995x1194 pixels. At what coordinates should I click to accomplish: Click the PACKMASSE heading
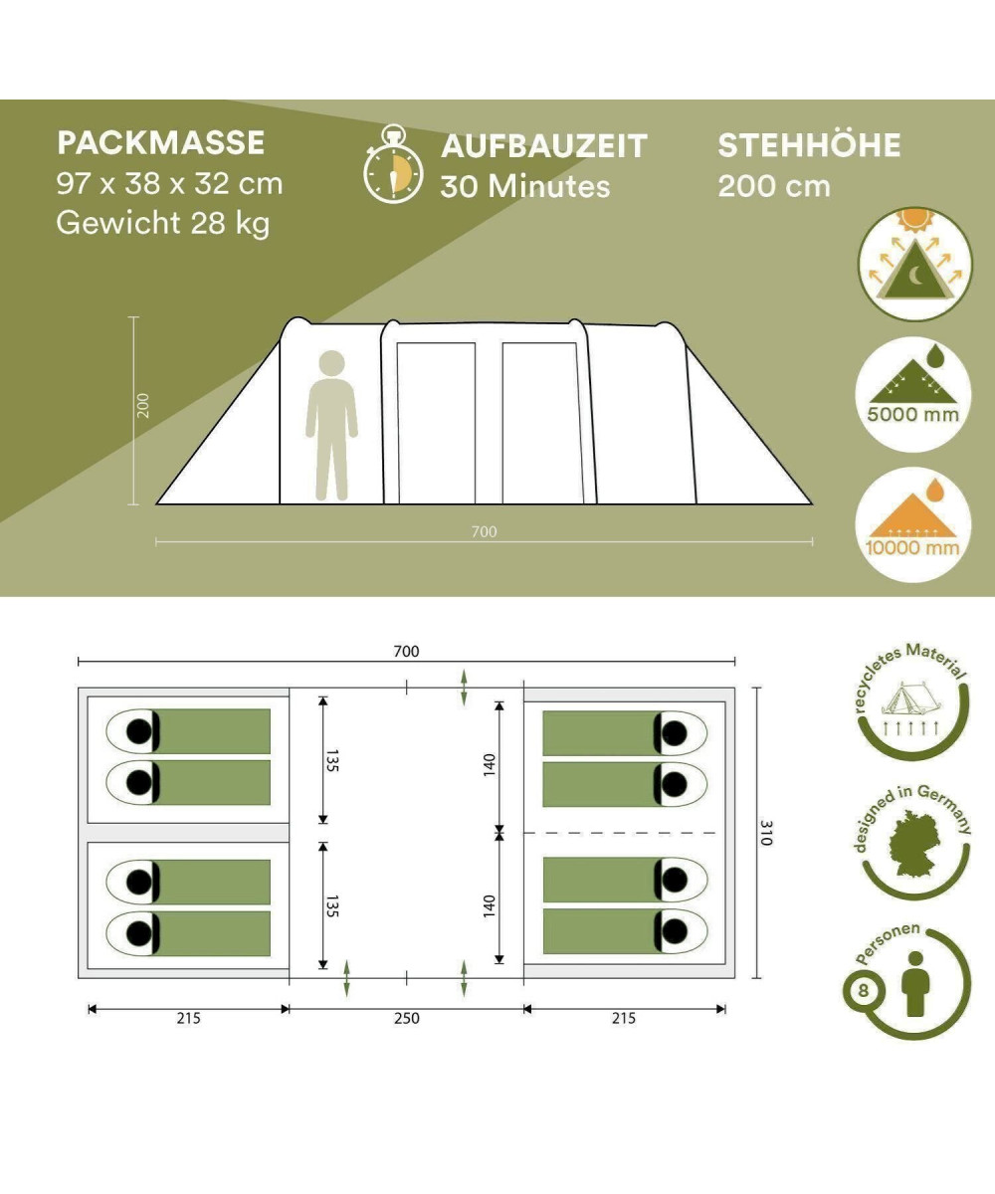(160, 143)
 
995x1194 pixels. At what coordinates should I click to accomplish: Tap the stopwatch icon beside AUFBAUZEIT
(393, 164)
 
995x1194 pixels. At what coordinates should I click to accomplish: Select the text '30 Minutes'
(525, 186)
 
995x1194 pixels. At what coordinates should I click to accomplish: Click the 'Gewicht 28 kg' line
(163, 223)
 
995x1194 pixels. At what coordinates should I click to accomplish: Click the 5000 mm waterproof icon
(912, 394)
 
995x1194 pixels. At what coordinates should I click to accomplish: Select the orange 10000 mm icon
(912, 524)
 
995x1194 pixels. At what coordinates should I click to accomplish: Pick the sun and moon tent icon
(914, 264)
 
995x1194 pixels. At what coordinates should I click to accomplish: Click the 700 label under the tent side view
(484, 531)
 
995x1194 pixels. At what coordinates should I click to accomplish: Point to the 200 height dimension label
(143, 405)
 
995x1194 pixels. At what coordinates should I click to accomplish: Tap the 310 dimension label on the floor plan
(767, 833)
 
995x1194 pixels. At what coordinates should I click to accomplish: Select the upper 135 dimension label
(332, 760)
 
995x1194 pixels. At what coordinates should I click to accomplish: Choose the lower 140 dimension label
(489, 906)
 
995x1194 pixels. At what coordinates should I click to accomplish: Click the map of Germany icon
(914, 844)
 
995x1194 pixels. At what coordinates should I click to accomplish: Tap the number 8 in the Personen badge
(864, 990)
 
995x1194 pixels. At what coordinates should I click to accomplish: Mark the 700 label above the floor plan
(407, 652)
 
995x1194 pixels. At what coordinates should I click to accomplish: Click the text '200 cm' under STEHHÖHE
(774, 186)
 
